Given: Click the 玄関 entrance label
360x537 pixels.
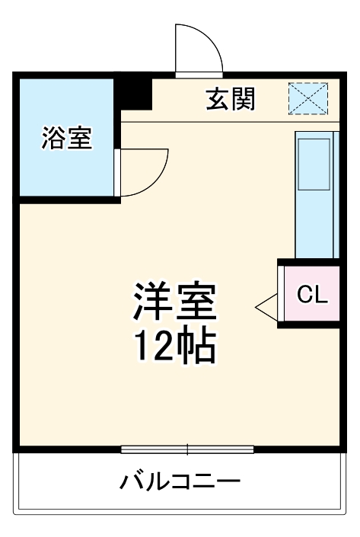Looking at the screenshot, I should click(230, 99).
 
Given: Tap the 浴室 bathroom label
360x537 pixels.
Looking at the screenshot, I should click(67, 139).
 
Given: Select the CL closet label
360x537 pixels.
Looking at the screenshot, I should click(312, 295).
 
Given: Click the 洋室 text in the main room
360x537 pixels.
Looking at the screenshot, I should click(177, 302).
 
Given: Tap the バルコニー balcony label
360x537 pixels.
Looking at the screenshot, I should click(180, 482).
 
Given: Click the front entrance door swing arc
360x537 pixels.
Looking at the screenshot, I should click(196, 50).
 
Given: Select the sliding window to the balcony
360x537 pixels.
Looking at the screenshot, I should click(187, 449).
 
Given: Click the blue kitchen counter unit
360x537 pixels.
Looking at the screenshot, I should click(315, 194).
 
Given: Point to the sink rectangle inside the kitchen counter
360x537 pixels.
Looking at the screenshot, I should click(314, 164).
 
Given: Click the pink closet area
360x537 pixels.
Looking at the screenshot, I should click(312, 295).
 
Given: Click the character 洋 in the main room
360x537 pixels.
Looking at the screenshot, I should click(155, 302).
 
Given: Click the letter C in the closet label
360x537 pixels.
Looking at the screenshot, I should click(304, 295).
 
